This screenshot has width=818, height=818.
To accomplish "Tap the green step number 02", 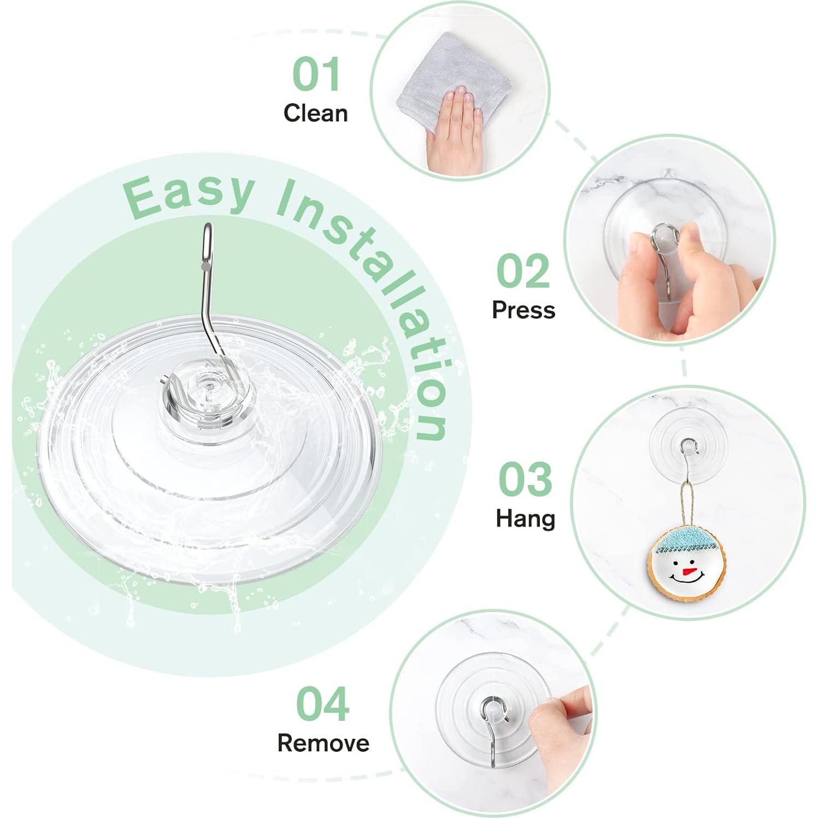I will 522,271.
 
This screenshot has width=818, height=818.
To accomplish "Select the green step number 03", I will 525,479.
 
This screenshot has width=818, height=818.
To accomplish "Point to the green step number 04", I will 322,704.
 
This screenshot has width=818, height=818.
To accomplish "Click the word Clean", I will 315,113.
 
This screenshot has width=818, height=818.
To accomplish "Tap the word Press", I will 523,310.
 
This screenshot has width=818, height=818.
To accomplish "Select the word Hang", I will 525,518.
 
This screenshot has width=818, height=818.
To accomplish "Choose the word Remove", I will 323,743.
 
